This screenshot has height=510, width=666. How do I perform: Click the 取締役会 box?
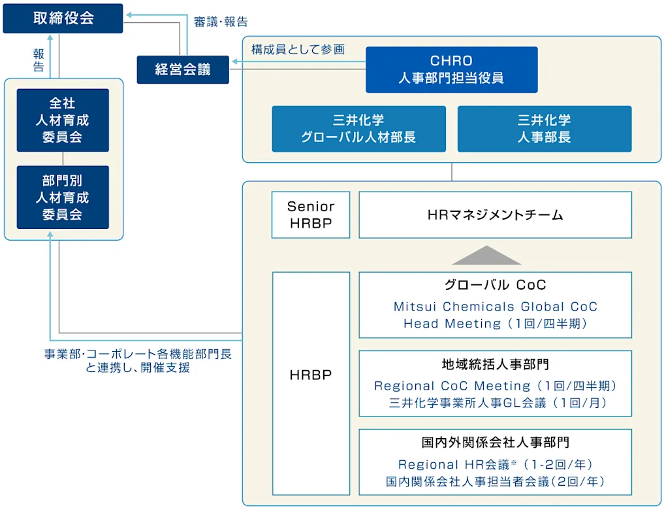[63, 18]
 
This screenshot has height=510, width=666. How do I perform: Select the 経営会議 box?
[183, 70]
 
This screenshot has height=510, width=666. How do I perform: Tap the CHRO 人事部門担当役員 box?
[451, 69]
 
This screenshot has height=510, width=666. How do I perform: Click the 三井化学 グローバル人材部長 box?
[358, 129]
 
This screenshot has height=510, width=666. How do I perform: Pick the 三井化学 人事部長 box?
[544, 129]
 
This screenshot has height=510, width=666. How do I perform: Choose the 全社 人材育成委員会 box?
[63, 120]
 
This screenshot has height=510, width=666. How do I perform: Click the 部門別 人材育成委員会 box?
[63, 197]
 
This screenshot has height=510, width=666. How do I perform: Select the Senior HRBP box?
[311, 214]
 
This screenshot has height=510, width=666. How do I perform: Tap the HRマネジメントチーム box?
[495, 214]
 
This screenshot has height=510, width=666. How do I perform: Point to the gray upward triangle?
[486, 256]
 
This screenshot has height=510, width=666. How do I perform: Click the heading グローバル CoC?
[495, 285]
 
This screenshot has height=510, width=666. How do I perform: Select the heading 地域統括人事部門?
[495, 364]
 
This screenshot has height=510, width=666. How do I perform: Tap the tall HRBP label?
[311, 375]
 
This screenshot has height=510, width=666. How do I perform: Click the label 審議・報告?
[221, 22]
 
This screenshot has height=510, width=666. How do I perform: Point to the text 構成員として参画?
[298, 50]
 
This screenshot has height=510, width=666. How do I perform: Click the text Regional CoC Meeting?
[452, 386]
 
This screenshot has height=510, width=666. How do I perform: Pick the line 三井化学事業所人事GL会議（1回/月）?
[495, 403]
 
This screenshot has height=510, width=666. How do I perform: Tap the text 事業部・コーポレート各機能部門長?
[138, 354]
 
